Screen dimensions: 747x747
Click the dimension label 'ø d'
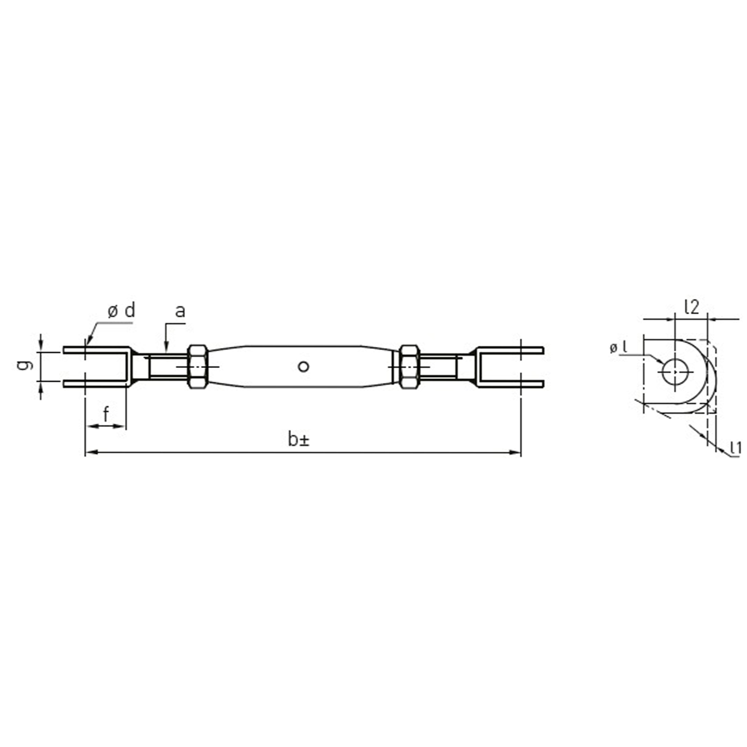tap(121, 311)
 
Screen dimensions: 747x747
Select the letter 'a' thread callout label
tap(180, 311)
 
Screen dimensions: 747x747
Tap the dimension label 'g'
tap(24, 364)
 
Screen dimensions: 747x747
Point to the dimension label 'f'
tap(106, 414)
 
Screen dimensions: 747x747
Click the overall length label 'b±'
tap(298, 440)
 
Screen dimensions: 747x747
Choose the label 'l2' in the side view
tap(692, 307)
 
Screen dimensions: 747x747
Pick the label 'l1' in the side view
tap(735, 448)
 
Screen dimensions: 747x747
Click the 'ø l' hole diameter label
tap(618, 348)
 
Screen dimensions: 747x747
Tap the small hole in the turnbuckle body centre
tap(304, 366)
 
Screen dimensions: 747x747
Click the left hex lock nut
tap(198, 366)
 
